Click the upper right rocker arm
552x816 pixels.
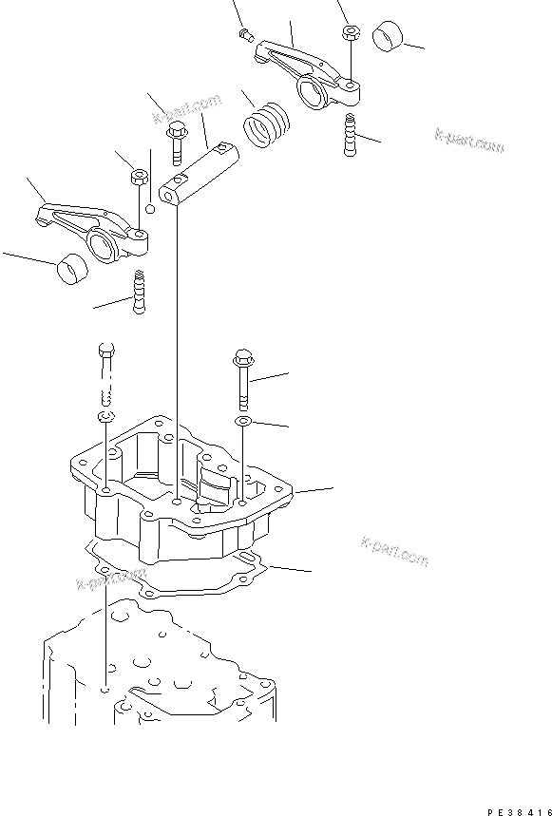pyautogui.click(x=304, y=70)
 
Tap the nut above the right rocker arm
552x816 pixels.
pyautogui.click(x=350, y=32)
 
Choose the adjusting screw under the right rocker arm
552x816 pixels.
pyautogui.click(x=350, y=134)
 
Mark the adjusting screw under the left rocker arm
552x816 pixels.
pyautogui.click(x=141, y=294)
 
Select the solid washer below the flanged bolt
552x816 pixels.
pyautogui.click(x=243, y=419)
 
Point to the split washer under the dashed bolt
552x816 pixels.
pyautogui.click(x=105, y=417)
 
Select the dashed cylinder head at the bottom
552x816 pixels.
pyautogui.click(x=162, y=674)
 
